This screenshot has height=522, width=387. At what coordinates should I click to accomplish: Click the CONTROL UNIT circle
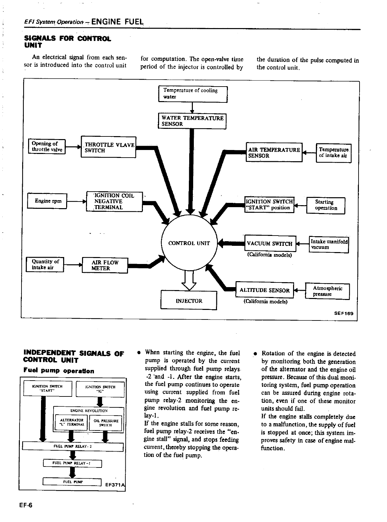coord(189,243)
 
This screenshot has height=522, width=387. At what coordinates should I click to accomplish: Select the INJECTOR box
coord(189,300)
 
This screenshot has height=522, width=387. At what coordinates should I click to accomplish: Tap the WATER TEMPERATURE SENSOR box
coord(192,121)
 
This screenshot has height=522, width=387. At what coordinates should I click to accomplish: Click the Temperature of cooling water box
coord(193,94)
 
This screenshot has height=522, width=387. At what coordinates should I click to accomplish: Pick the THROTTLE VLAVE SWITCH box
coord(108,147)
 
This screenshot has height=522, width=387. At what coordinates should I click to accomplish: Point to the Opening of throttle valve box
coord(47,147)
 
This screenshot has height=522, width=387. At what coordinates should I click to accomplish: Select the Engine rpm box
coord(48,201)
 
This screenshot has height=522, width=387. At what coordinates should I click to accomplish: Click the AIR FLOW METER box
coord(105,265)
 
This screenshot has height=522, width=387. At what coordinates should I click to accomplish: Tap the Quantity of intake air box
coord(45,265)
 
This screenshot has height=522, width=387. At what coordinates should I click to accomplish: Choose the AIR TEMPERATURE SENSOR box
coord(274,152)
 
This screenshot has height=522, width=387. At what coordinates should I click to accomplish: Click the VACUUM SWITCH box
coord(269,244)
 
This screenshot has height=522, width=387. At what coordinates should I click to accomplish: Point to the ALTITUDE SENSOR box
coord(264,290)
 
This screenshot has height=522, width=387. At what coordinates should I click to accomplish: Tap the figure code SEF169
coord(344,314)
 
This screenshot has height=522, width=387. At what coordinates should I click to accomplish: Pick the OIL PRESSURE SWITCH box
coord(106,423)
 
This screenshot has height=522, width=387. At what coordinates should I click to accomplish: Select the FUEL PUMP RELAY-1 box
coord(72,464)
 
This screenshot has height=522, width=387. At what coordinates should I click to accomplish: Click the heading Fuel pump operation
coord(59,371)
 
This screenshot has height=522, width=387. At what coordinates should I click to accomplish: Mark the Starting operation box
coord(326,205)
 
